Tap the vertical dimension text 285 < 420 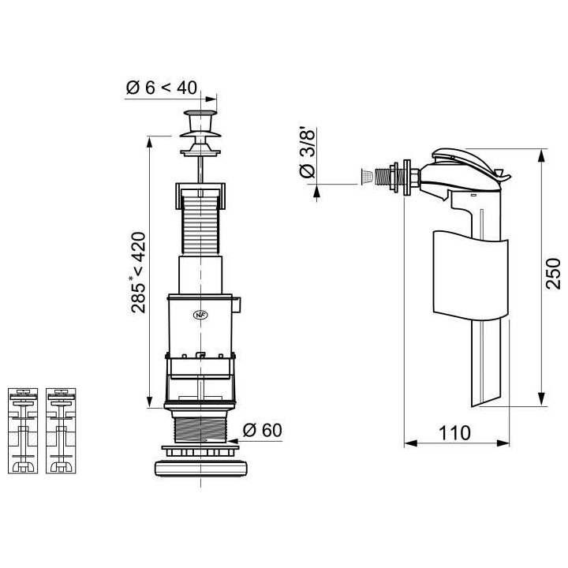pyautogui.click(x=138, y=272)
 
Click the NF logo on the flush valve pyautogui.click(x=200, y=313)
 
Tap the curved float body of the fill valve pyautogui.click(x=471, y=276)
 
